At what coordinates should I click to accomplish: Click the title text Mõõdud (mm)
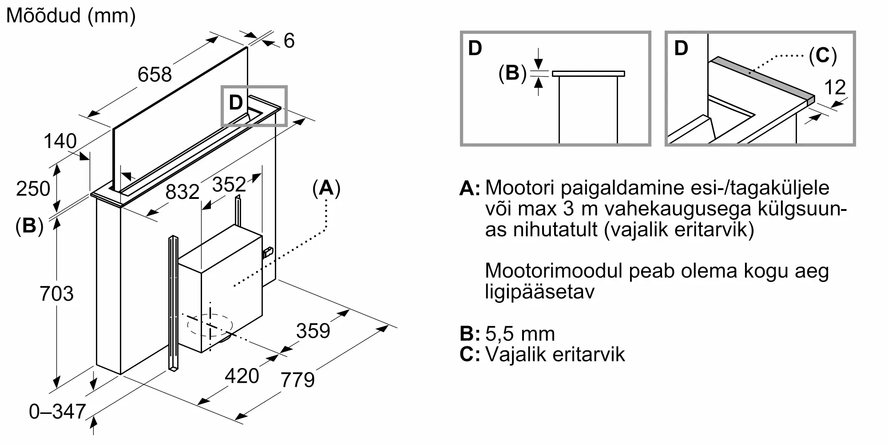tap(71, 16)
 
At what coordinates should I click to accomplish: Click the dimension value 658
tap(155, 74)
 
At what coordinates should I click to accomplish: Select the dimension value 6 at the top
tap(289, 41)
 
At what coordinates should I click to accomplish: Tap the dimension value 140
tap(60, 141)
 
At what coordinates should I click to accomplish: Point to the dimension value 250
tap(33, 189)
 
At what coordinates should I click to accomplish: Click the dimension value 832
tap(182, 192)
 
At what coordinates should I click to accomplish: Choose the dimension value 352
tap(229, 184)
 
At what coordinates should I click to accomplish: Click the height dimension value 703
tap(56, 294)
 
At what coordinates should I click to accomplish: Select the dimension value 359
tap(313, 331)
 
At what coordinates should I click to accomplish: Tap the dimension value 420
tap(242, 376)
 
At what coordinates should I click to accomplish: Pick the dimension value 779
tap(298, 380)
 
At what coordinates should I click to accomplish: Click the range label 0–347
tap(57, 412)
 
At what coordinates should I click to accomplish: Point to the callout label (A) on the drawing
tap(326, 188)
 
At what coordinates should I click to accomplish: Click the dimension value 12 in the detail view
tap(835, 87)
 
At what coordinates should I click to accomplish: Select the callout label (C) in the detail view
tap(823, 56)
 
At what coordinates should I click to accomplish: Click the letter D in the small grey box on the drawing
tap(236, 103)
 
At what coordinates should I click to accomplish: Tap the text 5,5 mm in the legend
tap(520, 334)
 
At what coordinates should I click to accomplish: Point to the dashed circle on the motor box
tap(210, 325)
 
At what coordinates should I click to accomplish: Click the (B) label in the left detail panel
tap(512, 73)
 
